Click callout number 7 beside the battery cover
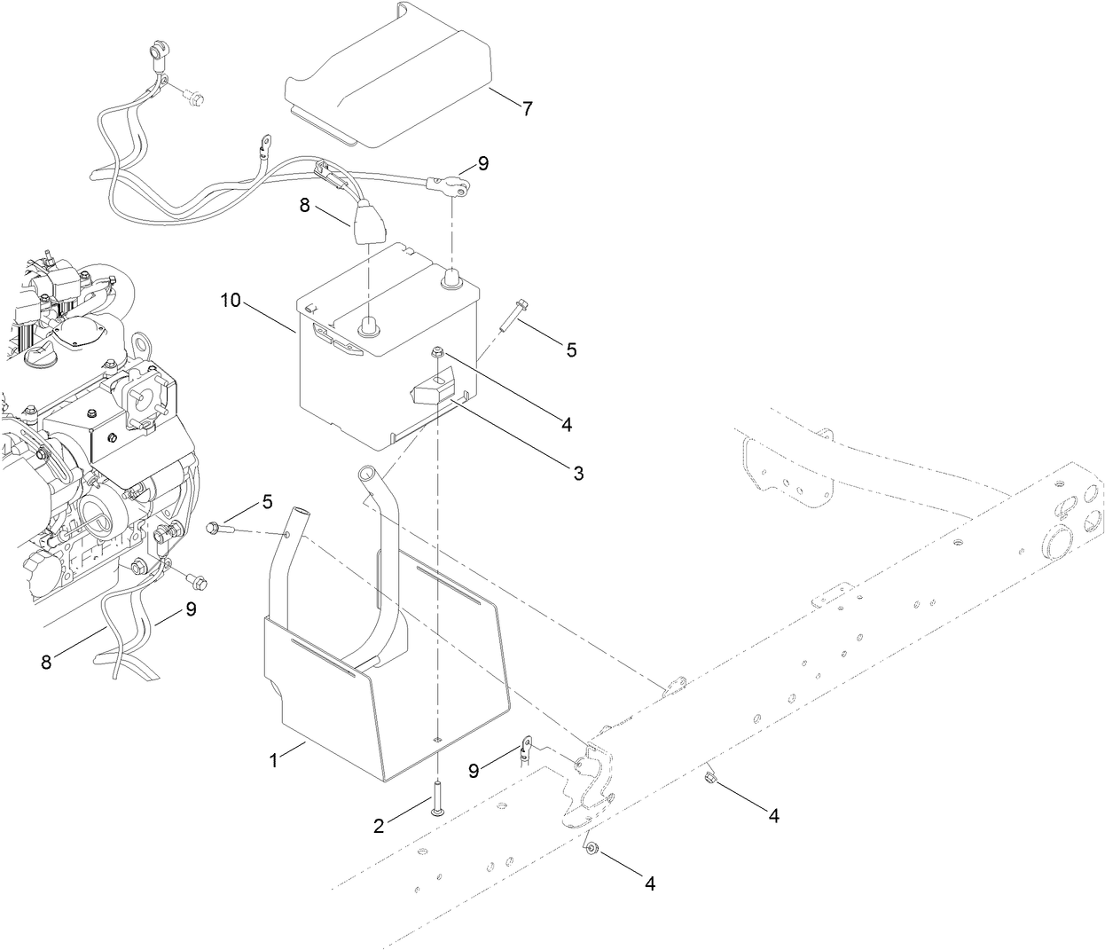point(528,109)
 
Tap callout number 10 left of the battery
point(231,302)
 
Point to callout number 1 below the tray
point(273,760)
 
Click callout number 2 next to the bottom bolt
point(379,826)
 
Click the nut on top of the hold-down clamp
point(438,353)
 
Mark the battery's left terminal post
point(365,327)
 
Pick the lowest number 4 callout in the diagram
point(650,884)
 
